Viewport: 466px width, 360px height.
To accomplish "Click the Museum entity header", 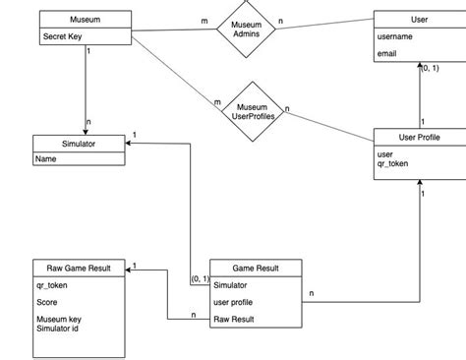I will click(x=85, y=20).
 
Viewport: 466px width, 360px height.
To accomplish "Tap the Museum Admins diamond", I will click(x=245, y=29).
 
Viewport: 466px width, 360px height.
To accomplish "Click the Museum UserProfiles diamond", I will click(x=253, y=109).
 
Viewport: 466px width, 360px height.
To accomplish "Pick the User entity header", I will click(x=419, y=20).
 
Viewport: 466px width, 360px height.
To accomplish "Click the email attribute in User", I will click(x=388, y=55).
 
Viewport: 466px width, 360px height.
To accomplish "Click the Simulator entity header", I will click(x=79, y=143).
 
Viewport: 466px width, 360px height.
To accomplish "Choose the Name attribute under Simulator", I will click(x=46, y=158).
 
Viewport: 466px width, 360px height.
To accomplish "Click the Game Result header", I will click(x=256, y=268).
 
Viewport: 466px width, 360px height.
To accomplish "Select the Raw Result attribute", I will click(x=236, y=320).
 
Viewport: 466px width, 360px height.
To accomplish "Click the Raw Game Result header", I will click(x=78, y=268).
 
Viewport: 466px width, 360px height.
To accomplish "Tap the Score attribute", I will click(x=48, y=302).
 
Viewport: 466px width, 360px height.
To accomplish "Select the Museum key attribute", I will click(x=59, y=320).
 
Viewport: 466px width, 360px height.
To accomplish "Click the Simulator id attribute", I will click(x=57, y=329).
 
